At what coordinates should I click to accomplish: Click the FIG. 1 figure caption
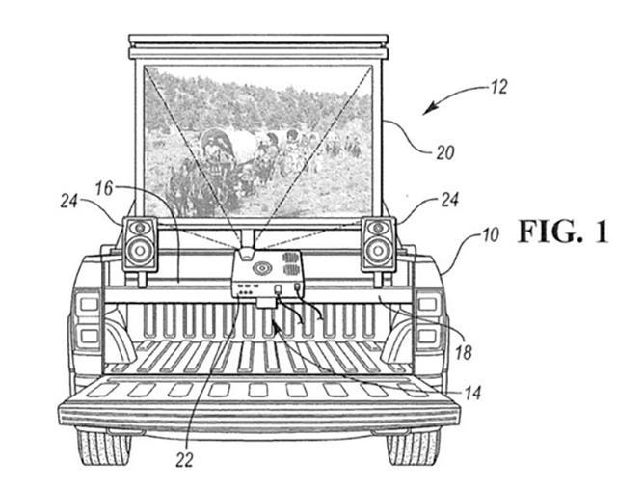point(563,232)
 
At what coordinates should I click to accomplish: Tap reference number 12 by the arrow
point(498,88)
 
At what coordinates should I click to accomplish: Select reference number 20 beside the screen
point(445,152)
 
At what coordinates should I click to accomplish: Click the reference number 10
point(490,235)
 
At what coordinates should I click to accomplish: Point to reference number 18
point(463,352)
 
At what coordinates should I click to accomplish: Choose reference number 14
point(472,393)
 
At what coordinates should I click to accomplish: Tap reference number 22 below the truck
point(184,459)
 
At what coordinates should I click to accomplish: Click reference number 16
point(104,189)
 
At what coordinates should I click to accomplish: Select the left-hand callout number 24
point(69,201)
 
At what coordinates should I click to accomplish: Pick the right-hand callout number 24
point(449,200)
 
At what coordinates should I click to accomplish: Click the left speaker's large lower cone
point(139,251)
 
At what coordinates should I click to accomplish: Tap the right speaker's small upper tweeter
point(378,228)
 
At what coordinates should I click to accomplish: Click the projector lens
point(246,253)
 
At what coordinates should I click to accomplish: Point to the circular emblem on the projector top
point(261,268)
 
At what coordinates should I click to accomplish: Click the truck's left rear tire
point(104,448)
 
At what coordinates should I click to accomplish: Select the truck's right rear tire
point(414,448)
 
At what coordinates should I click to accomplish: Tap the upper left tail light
point(90,304)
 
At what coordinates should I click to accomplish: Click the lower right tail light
point(428,336)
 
